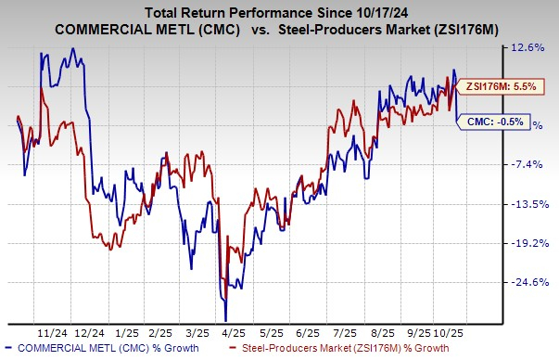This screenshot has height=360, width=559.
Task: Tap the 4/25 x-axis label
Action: (x=228, y=332)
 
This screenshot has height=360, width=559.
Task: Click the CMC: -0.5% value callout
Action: (x=487, y=121)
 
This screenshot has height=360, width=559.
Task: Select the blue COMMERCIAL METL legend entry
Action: (x=87, y=349)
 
